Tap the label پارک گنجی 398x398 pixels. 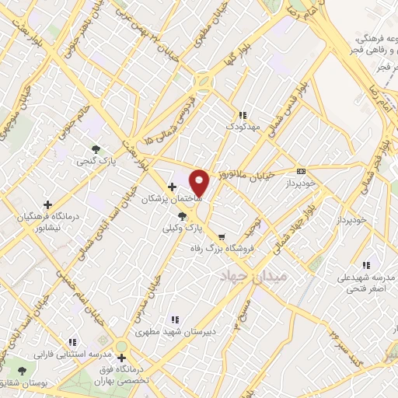click(93, 162)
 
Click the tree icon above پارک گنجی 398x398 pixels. click(96, 148)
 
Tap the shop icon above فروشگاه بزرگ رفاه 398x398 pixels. click(222, 237)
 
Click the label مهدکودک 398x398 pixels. click(241, 126)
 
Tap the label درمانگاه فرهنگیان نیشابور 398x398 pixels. click(48, 220)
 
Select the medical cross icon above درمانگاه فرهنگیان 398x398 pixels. click(48, 204)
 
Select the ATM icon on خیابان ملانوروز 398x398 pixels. click(302, 172)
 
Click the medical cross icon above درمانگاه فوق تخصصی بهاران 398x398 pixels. click(122, 358)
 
